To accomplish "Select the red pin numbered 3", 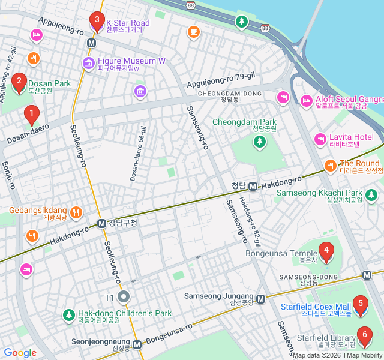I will point(96,21).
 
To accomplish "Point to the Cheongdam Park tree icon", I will point(259,142).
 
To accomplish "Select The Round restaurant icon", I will point(330,165).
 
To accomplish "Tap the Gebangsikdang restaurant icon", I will point(76,212).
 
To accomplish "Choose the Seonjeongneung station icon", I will point(137,345).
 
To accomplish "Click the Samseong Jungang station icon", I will point(260,299).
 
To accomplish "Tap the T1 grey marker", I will point(124,296).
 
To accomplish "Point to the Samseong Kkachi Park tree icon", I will point(371,194).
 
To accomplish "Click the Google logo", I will point(20,353).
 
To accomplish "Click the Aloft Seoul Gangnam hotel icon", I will point(307,100).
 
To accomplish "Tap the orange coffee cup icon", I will point(193,32).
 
